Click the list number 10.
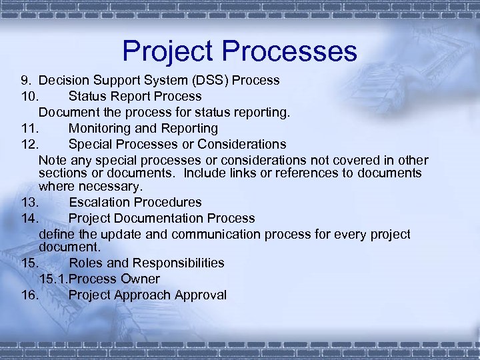pos(28,97)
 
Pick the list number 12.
pos(28,144)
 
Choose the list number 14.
pos(28,218)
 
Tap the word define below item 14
pos(56,234)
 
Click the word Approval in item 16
pos(201,295)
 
